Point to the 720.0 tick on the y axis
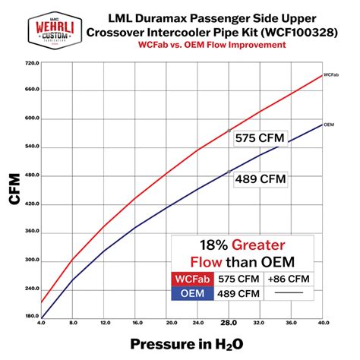(32, 62)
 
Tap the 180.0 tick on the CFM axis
(32, 316)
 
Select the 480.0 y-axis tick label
(32, 175)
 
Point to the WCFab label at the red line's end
(330, 75)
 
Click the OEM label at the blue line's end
(329, 125)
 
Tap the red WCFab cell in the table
(192, 279)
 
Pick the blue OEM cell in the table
(192, 292)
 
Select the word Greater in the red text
(258, 245)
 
